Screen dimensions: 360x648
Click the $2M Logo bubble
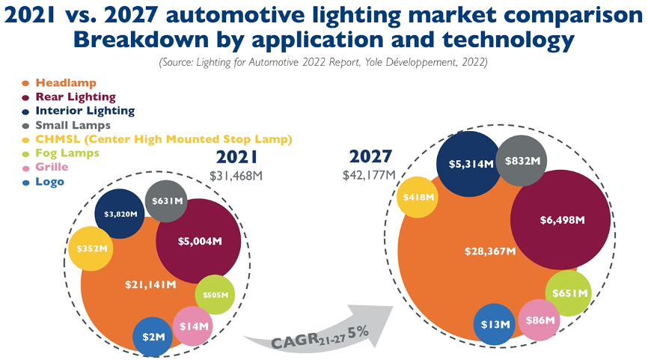point(153,337)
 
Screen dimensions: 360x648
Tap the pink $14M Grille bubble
point(194,326)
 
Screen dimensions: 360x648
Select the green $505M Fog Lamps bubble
point(216,295)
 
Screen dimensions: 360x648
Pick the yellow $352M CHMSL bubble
point(91,249)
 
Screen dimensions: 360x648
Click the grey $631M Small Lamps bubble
point(167,201)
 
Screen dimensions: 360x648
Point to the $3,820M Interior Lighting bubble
point(120,214)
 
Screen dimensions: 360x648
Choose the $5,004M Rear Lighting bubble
point(199,241)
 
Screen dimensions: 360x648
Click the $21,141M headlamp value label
point(151,284)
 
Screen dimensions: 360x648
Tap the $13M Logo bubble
point(495,324)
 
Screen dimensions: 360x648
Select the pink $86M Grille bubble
point(540,320)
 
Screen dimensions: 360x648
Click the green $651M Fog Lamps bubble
point(569,293)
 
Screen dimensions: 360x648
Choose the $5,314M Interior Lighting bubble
point(471,163)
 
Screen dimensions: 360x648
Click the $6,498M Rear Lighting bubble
point(563,220)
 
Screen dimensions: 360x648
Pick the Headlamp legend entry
point(65,82)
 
